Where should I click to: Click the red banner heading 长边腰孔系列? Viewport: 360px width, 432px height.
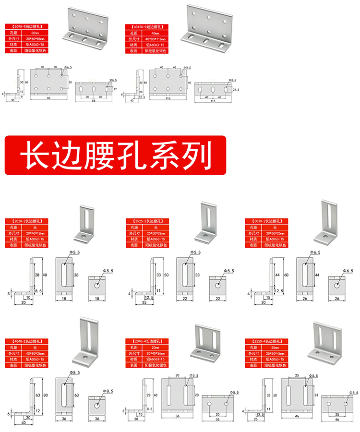115,155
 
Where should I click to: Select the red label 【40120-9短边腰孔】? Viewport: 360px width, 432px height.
147,28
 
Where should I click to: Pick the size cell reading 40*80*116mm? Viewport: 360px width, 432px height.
156,39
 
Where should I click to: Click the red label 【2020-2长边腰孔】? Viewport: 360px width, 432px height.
27,221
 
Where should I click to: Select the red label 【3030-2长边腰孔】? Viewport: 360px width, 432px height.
267,221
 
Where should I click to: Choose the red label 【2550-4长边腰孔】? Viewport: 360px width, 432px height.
267,341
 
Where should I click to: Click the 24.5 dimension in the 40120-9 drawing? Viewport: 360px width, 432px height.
235,89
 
